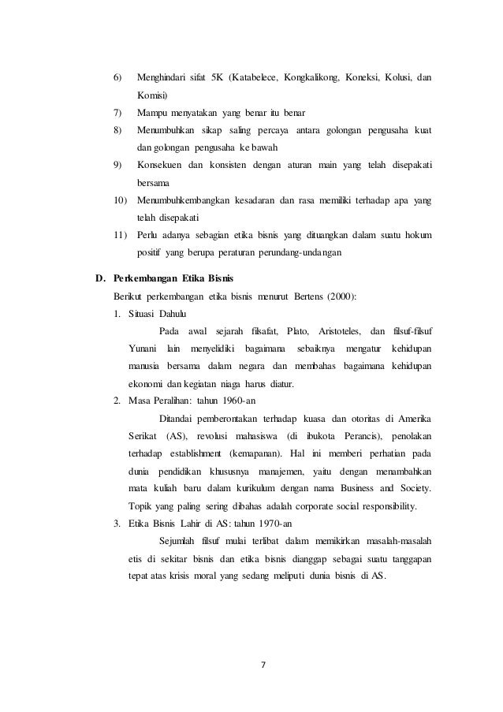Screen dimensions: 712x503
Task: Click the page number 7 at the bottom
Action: coord(264,663)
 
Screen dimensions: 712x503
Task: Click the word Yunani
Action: coord(143,348)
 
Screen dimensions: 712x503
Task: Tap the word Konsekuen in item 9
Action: coord(161,165)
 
